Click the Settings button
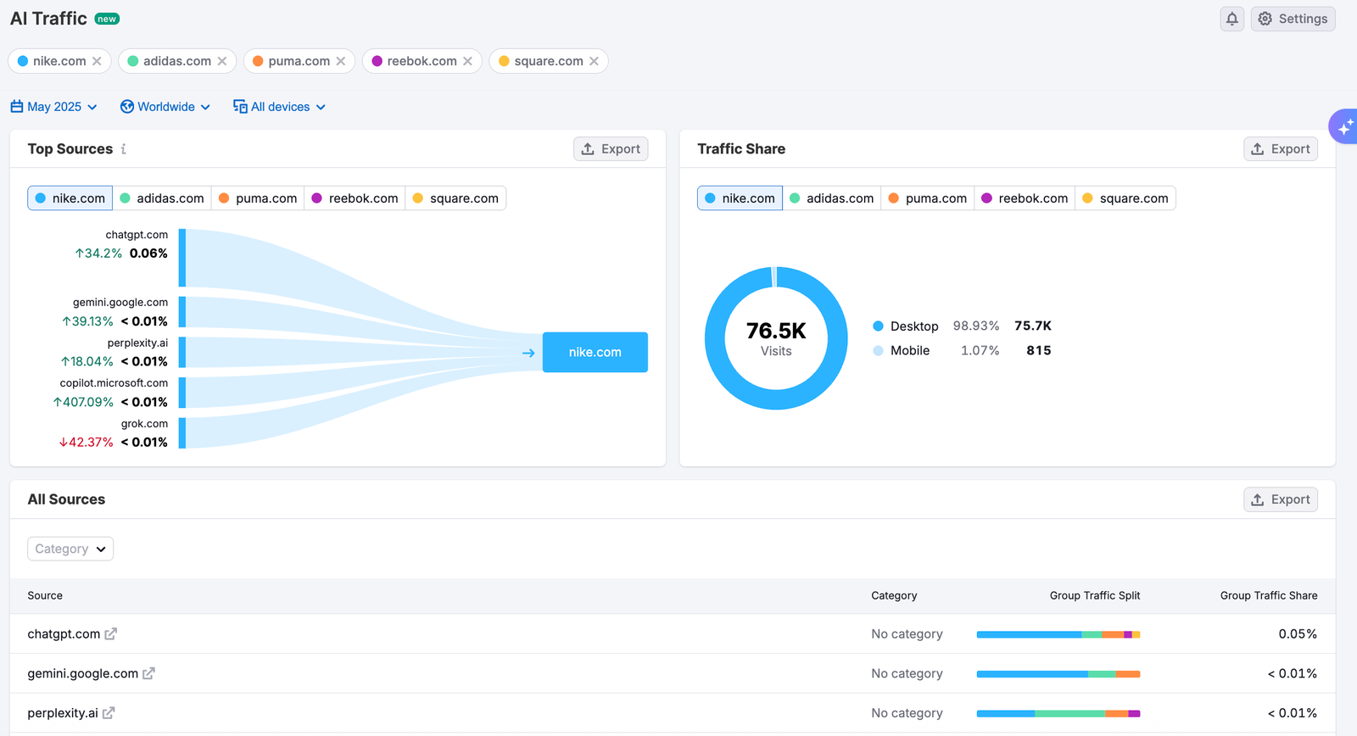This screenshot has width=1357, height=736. point(1293,19)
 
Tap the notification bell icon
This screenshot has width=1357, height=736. point(1231,19)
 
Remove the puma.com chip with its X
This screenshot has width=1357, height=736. point(340,61)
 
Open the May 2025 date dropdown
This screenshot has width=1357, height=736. point(53,107)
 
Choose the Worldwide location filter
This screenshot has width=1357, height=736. point(165,107)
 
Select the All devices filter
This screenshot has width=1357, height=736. point(279,107)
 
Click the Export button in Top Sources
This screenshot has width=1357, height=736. point(611,149)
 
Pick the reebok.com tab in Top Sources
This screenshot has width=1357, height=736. point(355,198)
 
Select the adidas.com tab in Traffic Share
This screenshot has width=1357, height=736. point(832,198)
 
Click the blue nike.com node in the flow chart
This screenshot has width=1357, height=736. point(595,352)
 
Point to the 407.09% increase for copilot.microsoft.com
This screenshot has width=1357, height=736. point(83,402)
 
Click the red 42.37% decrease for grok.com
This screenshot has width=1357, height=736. point(86,443)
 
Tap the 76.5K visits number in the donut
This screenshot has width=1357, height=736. point(776,331)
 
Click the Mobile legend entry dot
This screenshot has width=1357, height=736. point(878,351)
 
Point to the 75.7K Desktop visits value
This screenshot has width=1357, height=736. point(1033,326)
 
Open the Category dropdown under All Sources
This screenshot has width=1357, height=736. point(70,549)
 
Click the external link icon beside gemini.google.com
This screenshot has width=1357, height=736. point(148,673)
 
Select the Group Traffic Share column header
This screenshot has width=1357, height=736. point(1269,595)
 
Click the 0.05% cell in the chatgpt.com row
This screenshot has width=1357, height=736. point(1298,633)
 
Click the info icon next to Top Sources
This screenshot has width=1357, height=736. point(124,149)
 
